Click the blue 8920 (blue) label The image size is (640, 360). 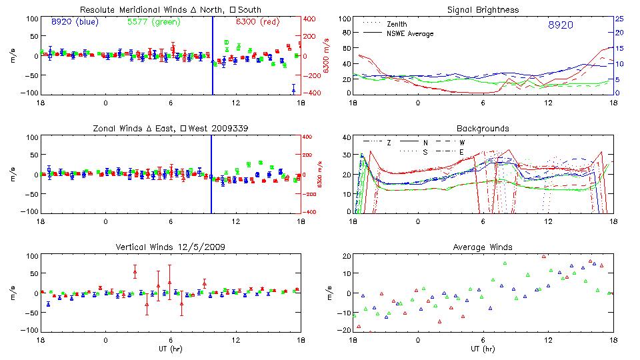point(74,22)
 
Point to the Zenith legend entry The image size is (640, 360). point(397,24)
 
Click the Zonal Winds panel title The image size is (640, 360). point(170,129)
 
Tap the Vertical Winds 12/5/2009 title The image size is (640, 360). point(170,247)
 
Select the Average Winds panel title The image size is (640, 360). point(483,247)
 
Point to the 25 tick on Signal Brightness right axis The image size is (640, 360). point(619,19)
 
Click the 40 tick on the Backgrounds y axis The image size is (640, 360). point(345,137)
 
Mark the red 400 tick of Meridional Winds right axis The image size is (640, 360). point(311,19)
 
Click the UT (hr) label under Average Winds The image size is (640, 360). point(483,349)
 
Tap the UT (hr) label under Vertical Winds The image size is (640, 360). point(170,349)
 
